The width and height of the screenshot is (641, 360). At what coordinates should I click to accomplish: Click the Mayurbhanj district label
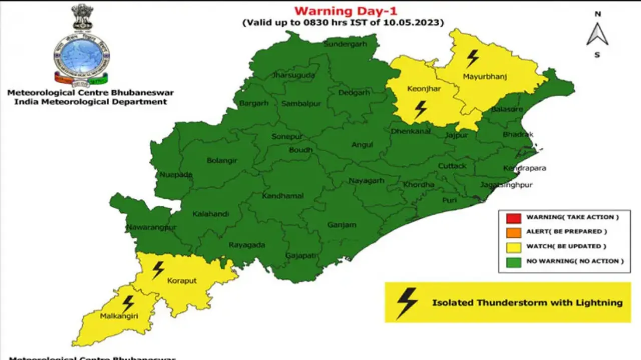(x=485, y=77)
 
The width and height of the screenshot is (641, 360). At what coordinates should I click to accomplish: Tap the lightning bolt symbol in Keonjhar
(x=421, y=109)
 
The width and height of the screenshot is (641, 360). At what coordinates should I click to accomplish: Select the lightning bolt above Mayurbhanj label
(x=472, y=59)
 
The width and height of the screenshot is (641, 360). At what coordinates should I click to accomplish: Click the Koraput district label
(x=182, y=281)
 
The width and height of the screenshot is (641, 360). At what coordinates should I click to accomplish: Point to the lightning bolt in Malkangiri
(x=128, y=303)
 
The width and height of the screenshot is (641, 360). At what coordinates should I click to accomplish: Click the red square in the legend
(x=512, y=217)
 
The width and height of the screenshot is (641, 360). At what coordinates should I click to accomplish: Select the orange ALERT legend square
(x=512, y=232)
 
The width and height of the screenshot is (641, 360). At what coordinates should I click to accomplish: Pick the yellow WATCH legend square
(x=512, y=246)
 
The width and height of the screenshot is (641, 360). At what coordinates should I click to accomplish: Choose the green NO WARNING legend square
(x=512, y=261)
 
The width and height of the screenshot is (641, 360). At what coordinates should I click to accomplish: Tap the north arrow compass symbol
(x=597, y=34)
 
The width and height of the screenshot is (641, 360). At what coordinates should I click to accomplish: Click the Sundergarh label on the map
(x=345, y=44)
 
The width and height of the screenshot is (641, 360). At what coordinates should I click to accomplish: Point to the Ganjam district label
(x=342, y=225)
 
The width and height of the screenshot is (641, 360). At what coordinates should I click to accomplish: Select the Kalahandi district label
(x=211, y=214)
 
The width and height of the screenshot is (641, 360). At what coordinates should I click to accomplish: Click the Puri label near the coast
(x=449, y=200)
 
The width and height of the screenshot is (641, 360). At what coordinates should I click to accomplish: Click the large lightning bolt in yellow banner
(x=407, y=302)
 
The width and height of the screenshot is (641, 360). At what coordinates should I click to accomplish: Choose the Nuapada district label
(x=176, y=175)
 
